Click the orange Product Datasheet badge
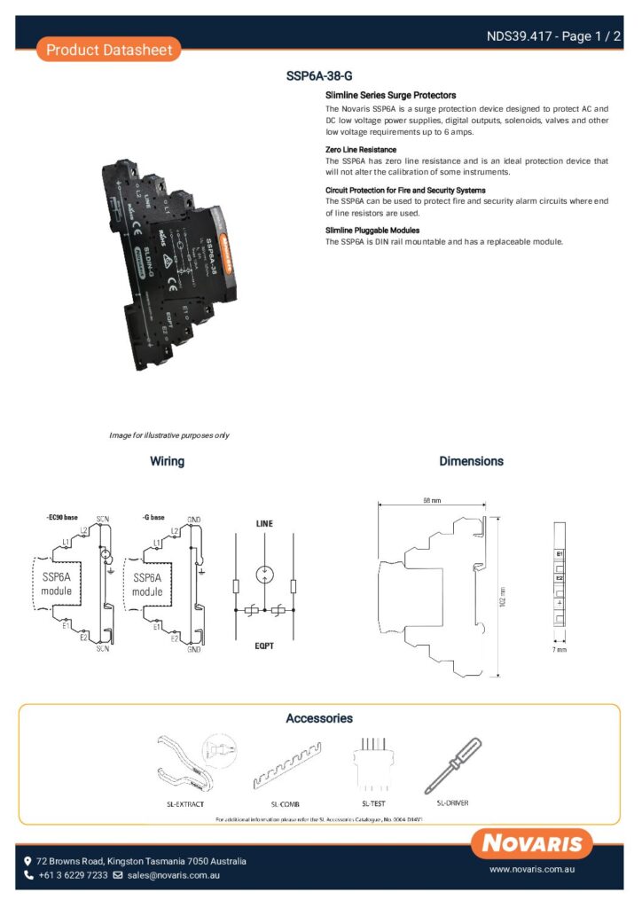pos(109,50)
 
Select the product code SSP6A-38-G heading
pos(319,76)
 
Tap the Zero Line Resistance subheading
pos(361,150)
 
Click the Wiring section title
pos(167,461)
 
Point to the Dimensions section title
pos(471,461)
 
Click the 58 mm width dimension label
pos(432,501)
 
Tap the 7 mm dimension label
pos(560,650)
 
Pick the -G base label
pos(153,517)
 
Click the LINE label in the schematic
pos(264,524)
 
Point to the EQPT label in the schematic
pos(264,646)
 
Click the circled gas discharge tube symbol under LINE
pos(264,574)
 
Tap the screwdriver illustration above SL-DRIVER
pos(452,764)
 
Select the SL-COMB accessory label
pos(286,804)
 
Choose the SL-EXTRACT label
pos(185,804)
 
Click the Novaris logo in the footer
pos(532,843)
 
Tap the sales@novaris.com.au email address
pos(173,875)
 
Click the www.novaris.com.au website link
pos(535,870)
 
